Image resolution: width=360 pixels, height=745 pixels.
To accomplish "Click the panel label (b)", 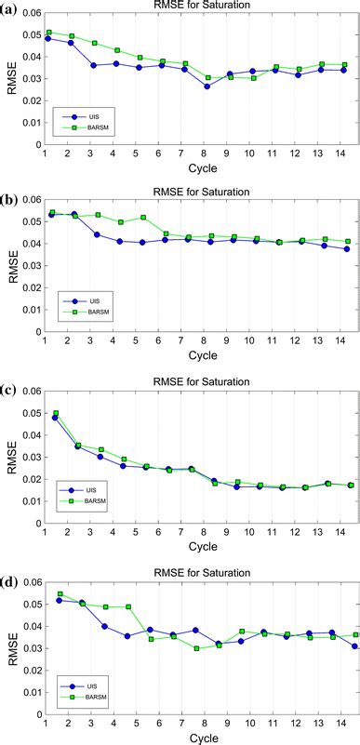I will pyautogui.click(x=8, y=198).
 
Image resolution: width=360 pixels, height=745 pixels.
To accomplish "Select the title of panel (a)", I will pyautogui.click(x=200, y=5).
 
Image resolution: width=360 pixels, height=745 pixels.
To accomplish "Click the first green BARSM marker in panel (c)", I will pyautogui.click(x=56, y=413).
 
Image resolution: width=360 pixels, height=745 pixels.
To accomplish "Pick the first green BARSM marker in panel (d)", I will pyautogui.click(x=60, y=593).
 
